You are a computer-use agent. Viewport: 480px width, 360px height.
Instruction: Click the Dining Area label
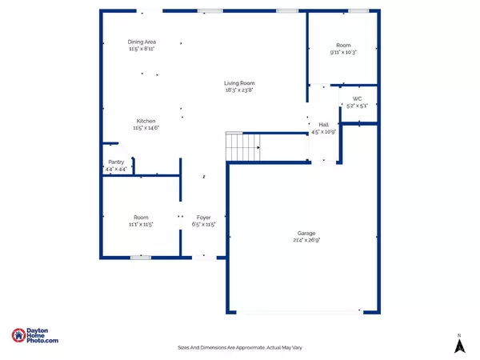[x=141, y=42]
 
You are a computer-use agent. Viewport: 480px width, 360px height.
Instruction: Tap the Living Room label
[x=239, y=83]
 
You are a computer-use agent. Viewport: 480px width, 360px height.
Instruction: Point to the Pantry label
[x=116, y=162]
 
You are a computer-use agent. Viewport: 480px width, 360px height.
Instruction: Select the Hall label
[x=324, y=125]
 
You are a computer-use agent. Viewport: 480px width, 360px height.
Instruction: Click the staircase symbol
[x=244, y=147]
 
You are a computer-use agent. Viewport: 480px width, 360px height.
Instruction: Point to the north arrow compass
[x=459, y=344]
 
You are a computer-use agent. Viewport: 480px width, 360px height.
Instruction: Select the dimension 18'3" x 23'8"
[x=239, y=90]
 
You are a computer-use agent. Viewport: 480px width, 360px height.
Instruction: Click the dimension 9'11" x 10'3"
[x=343, y=53]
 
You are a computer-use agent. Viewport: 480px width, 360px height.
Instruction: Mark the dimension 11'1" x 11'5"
[x=141, y=225]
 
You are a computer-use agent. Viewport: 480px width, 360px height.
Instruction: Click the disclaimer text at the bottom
[x=240, y=347]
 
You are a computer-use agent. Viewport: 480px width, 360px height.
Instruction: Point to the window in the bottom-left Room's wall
[x=141, y=257]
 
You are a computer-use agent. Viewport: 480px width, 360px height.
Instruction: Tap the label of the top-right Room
[x=343, y=46]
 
